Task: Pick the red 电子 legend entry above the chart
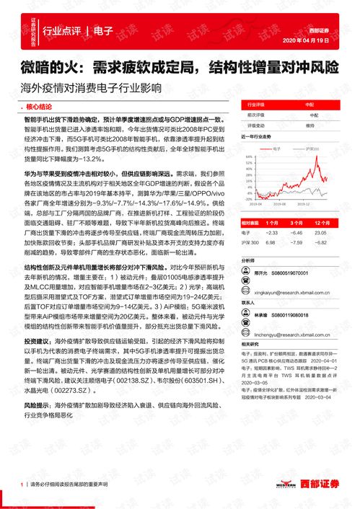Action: pos(276,146)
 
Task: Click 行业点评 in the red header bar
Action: pos(61,31)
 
